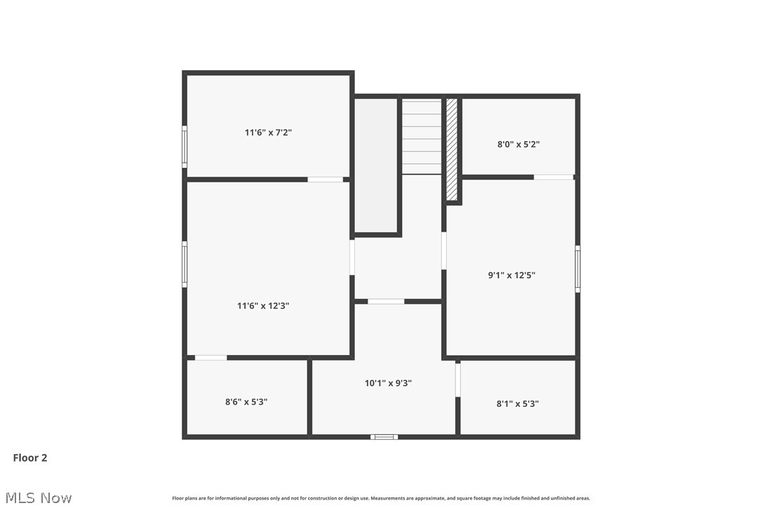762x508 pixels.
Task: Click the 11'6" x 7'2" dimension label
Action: pos(268,132)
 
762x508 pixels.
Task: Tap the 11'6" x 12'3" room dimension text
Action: pos(263,305)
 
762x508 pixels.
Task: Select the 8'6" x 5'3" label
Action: pos(246,402)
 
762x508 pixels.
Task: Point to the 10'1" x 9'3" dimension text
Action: pos(388,383)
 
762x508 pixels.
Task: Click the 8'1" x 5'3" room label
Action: pos(518,403)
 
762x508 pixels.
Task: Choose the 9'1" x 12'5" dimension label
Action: pos(512,276)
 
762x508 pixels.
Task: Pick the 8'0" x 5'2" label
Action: pos(519,145)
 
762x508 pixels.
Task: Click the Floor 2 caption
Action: pos(30,457)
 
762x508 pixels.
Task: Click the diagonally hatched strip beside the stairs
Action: pos(452,149)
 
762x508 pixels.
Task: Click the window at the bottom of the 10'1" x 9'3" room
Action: pos(384,437)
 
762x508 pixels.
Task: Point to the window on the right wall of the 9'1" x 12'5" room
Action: pos(577,268)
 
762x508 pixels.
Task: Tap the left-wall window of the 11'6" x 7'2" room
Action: pos(185,146)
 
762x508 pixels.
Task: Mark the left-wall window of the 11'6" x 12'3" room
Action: pos(185,264)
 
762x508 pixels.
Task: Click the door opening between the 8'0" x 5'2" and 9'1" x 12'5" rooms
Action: pos(554,177)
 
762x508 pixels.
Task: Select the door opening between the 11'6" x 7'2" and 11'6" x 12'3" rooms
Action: pos(326,180)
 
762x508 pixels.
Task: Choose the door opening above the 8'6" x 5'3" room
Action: pos(210,358)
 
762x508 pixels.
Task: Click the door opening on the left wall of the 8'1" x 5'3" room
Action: pos(457,380)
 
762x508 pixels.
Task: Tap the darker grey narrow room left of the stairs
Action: pos(376,165)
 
